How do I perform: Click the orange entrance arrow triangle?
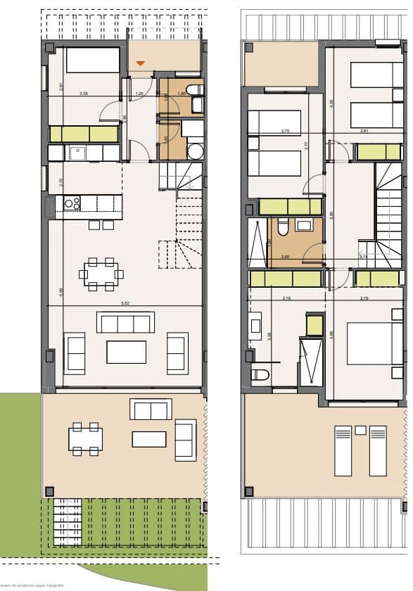tap(141, 64)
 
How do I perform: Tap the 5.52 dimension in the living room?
tap(125, 304)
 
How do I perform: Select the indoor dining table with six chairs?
tap(101, 274)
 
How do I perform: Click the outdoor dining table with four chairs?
tap(85, 439)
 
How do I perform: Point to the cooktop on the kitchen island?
tap(72, 203)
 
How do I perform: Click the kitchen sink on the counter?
tap(75, 152)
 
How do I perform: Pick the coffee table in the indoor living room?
tap(126, 352)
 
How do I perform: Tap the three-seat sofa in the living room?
tap(125, 324)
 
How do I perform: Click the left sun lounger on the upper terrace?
tap(343, 450)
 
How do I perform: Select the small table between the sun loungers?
tap(360, 430)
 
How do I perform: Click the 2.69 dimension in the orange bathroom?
tap(285, 257)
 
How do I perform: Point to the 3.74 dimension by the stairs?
tap(363, 257)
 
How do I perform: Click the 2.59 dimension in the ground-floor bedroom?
tap(84, 94)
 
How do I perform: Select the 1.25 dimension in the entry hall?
tap(139, 94)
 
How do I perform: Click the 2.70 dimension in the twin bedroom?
tap(285, 131)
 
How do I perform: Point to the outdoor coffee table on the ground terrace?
tap(149, 438)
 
